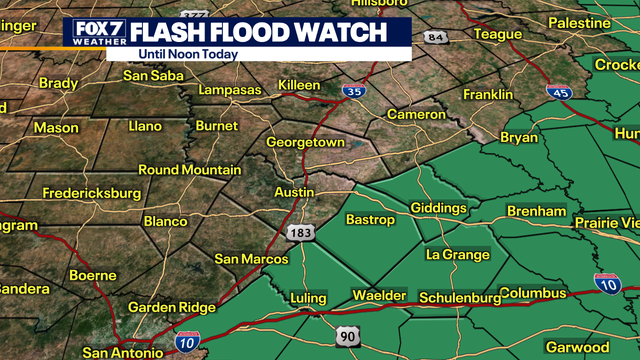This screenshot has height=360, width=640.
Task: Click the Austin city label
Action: tap(293, 190)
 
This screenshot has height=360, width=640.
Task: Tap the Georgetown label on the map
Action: tap(305, 143)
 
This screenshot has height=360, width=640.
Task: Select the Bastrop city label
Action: tap(370, 219)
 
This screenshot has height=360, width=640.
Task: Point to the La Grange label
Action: tap(458, 255)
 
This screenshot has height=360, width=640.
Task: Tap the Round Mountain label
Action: tap(189, 170)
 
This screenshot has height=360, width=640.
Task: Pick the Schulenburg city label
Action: tap(459, 298)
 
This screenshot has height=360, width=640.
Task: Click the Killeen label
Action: tap(299, 85)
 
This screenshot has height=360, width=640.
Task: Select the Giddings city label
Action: tap(438, 208)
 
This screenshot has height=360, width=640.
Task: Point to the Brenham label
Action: tap(537, 211)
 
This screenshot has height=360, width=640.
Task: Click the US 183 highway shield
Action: tap(299, 233)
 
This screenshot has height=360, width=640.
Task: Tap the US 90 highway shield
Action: tap(346, 335)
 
